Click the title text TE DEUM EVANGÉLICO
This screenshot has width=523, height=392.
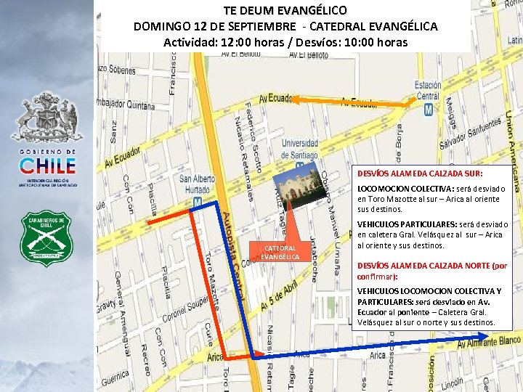[x=285, y=11]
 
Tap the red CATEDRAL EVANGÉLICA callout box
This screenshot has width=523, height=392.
[x=280, y=252]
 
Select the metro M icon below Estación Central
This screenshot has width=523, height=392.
[x=428, y=109]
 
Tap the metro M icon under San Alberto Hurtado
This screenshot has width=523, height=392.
[x=198, y=201]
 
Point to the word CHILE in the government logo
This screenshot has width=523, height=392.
[x=47, y=166]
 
